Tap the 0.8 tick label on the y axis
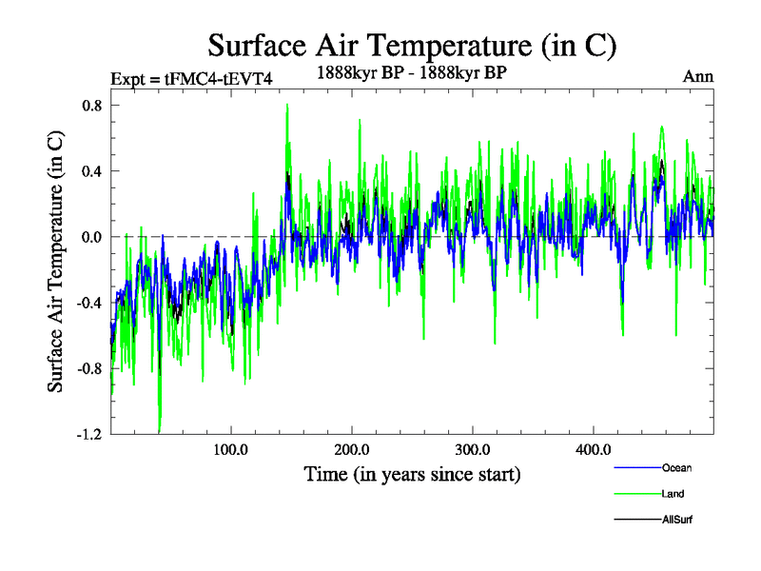click(91, 106)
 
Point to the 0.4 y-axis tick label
click(91, 171)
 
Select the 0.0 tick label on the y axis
click(91, 237)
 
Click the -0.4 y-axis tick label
click(89, 303)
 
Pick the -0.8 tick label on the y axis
click(89, 368)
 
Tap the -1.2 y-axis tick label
click(89, 434)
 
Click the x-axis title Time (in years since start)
click(412, 473)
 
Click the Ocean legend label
click(677, 468)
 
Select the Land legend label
click(673, 494)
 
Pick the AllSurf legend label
click(677, 520)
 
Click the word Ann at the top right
click(697, 76)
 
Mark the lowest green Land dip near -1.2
click(160, 430)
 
